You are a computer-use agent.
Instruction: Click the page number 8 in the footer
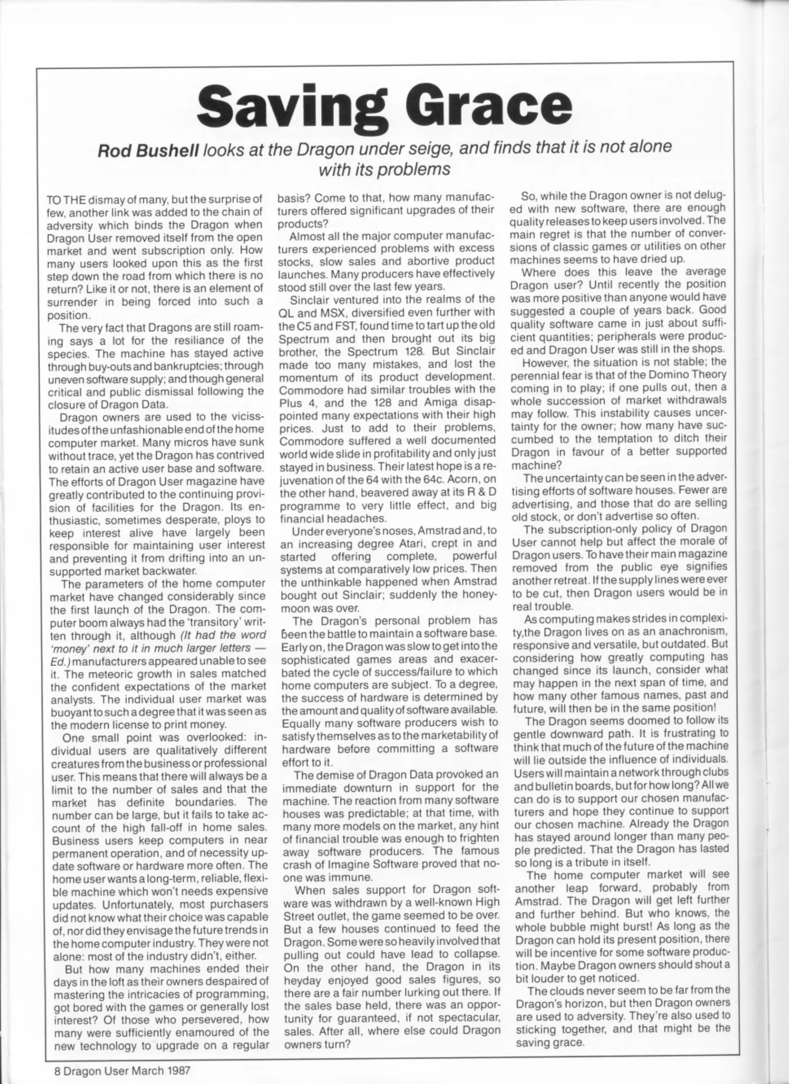pos(57,1070)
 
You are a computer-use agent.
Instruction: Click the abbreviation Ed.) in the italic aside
pos(63,661)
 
